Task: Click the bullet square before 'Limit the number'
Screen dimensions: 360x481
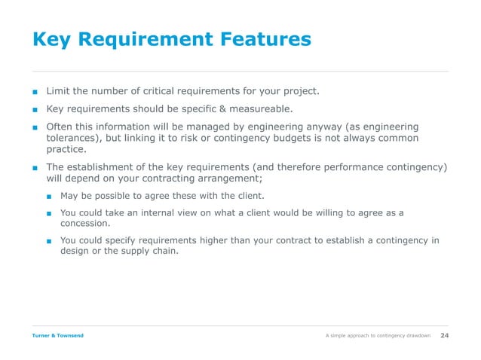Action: coord(35,92)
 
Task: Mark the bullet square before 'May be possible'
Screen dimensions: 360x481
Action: coord(48,196)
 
